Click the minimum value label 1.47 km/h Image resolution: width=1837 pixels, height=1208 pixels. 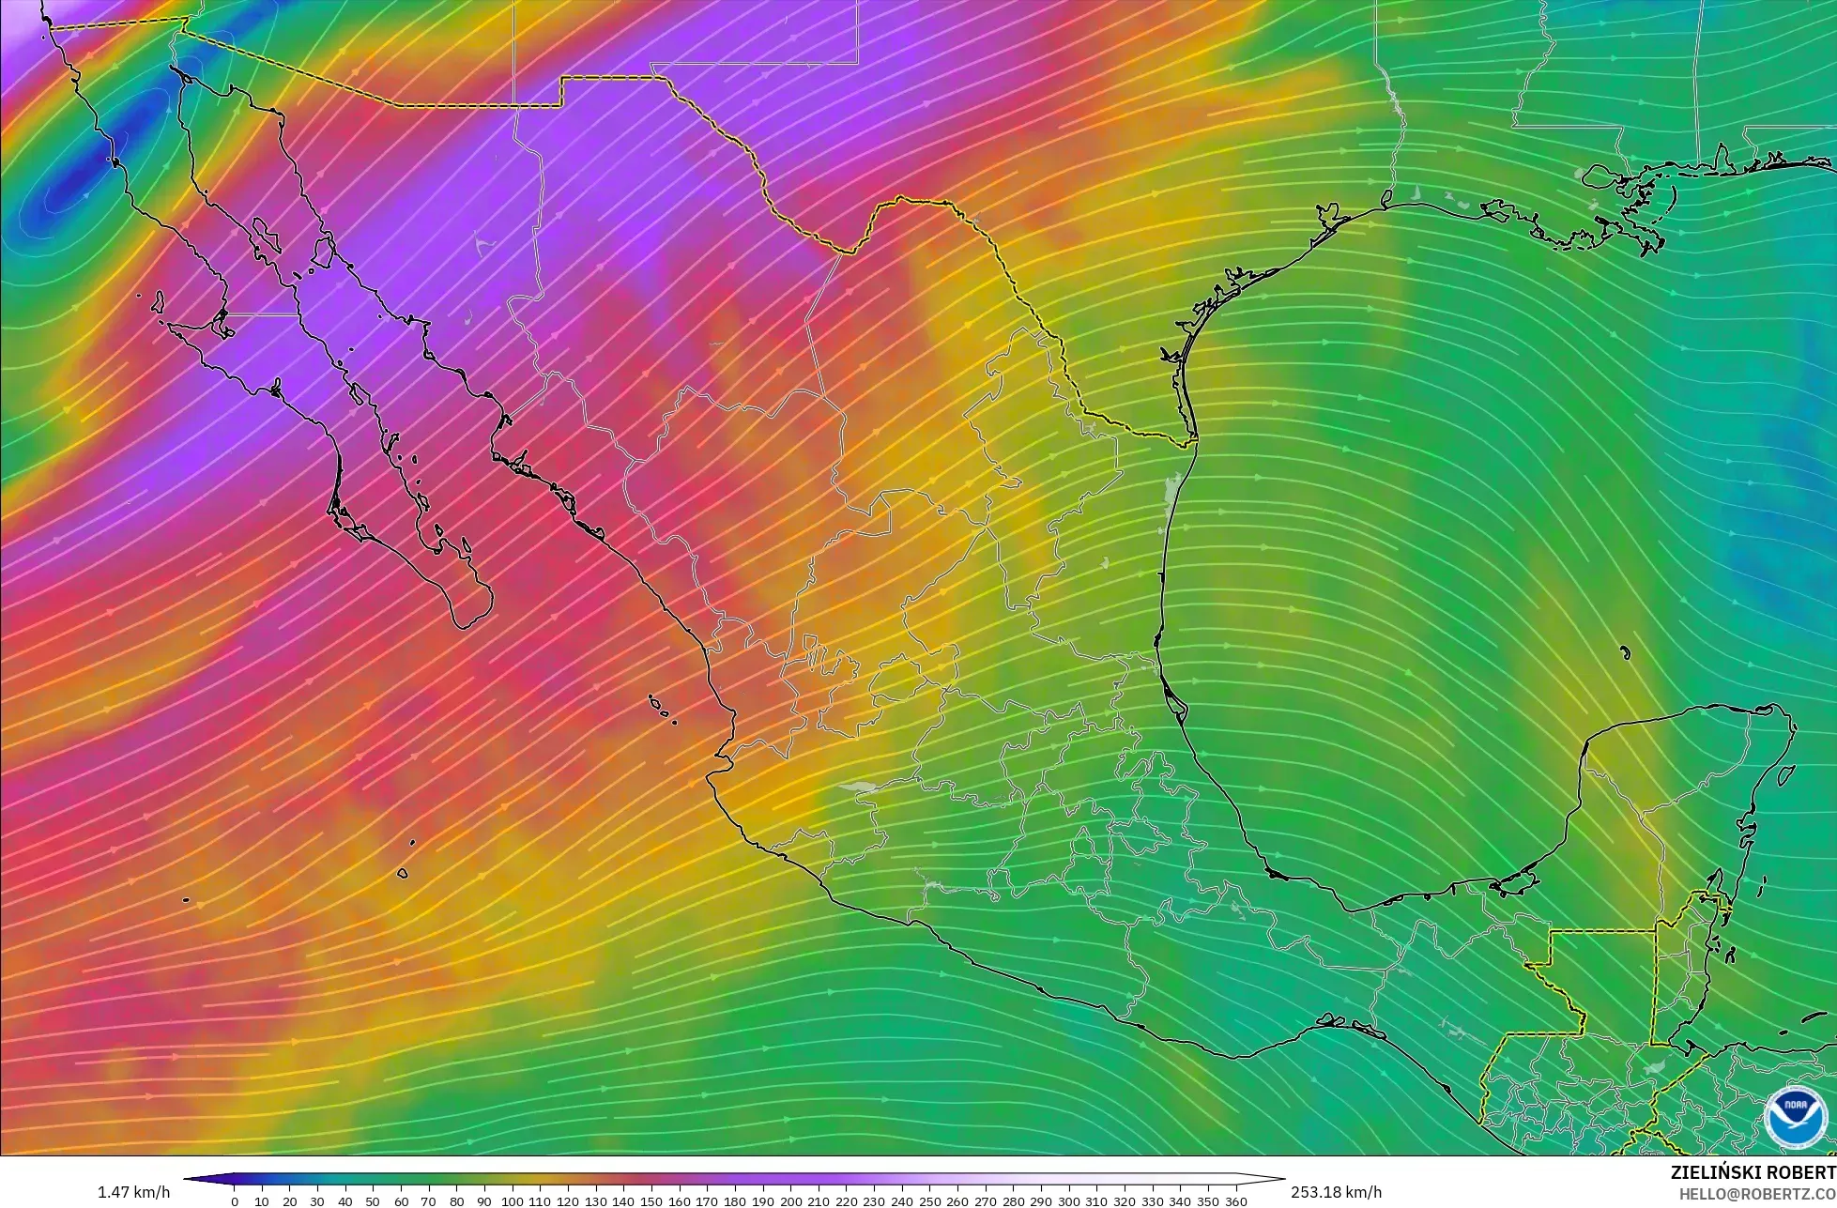133,1192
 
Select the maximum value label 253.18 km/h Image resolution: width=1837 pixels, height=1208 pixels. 1336,1192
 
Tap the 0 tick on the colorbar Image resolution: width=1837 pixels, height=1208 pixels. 235,1201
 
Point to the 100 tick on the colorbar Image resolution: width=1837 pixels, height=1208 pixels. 513,1201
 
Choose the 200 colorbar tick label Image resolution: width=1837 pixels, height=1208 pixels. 790,1201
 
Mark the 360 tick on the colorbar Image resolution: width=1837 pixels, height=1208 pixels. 1236,1201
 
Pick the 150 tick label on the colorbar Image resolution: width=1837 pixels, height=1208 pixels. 651,1201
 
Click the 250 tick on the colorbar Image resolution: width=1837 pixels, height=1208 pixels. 930,1201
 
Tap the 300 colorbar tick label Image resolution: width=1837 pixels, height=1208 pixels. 1069,1201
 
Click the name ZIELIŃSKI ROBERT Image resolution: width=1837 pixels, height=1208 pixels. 1753,1172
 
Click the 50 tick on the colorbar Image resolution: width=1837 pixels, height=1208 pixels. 374,1201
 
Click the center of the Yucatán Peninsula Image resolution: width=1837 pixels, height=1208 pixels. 1680,807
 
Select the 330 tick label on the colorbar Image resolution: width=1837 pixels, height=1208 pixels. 1153,1201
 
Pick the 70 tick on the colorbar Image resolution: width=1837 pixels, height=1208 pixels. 429,1201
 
